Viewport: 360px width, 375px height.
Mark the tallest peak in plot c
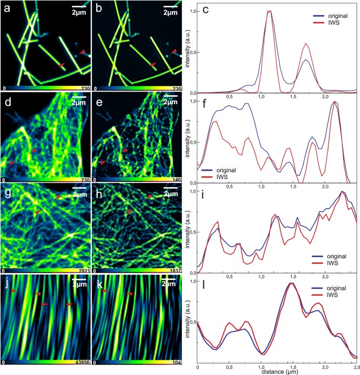[270, 11]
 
